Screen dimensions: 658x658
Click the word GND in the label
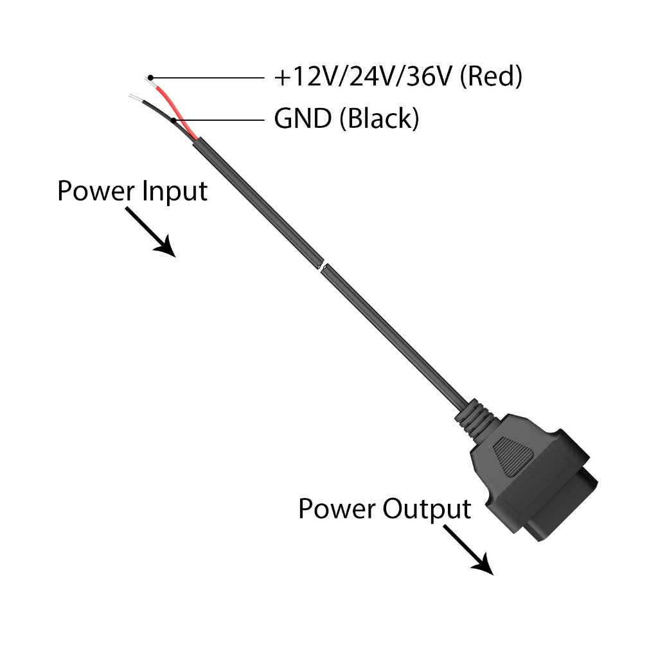tap(302, 119)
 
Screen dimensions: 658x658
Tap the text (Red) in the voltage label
tap(492, 77)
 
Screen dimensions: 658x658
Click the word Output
tap(427, 509)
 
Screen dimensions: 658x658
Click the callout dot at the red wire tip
tap(150, 77)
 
